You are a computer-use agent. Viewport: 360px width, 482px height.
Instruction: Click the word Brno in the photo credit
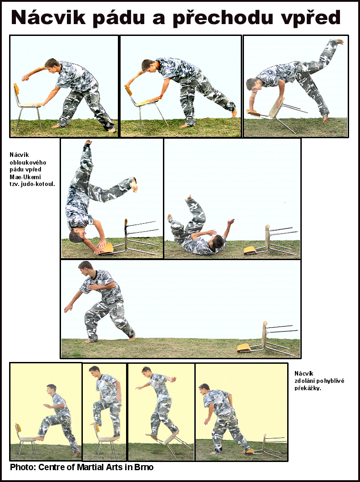click(144, 467)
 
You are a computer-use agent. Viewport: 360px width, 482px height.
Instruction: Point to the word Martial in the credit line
click(90, 467)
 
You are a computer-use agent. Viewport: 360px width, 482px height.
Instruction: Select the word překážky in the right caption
click(308, 388)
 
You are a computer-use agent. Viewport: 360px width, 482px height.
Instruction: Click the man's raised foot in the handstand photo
click(88, 142)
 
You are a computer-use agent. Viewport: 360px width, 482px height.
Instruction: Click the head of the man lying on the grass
click(218, 241)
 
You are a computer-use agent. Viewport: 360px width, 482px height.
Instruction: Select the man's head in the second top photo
click(148, 66)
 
